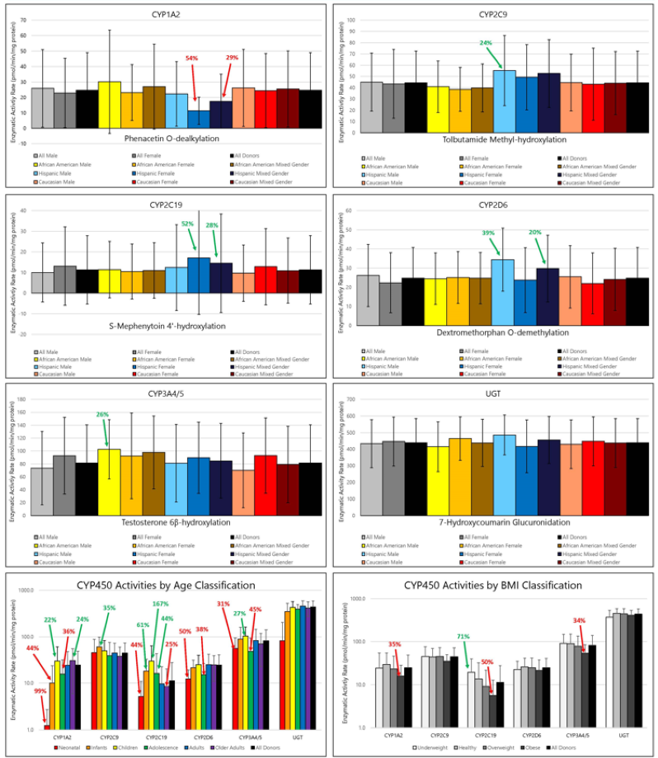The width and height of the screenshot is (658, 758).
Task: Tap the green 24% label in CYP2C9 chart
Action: coord(486,43)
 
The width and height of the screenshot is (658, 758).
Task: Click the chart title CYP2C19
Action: coord(166,202)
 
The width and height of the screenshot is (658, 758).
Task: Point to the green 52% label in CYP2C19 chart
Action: coord(187,224)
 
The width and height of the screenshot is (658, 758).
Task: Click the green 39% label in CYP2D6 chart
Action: coord(489,233)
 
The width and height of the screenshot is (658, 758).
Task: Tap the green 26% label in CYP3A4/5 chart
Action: coord(102,415)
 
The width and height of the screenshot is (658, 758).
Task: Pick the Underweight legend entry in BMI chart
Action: coord(435,748)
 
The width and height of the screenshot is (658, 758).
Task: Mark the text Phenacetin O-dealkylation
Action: coord(165,139)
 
